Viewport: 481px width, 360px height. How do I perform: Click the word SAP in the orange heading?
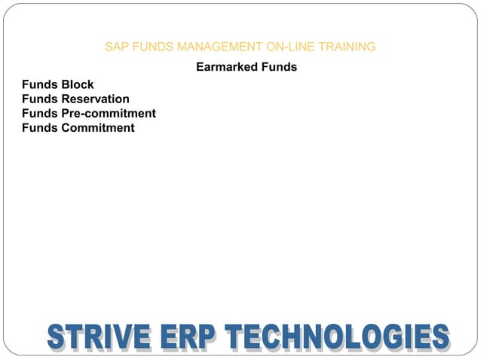116,47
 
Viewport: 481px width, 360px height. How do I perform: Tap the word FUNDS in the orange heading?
150,47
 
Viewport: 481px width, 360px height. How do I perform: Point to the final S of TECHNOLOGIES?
440,337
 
